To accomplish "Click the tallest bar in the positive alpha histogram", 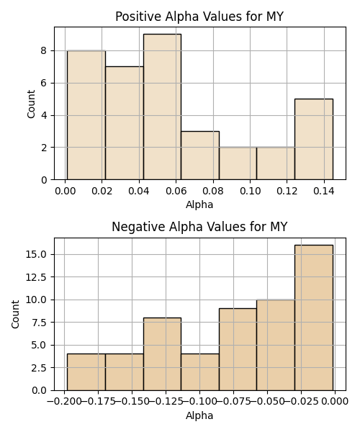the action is coord(162,107).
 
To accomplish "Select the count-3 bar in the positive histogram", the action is coord(200,156).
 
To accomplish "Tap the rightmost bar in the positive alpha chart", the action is coord(314,139).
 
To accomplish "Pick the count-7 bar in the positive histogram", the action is coord(125,123).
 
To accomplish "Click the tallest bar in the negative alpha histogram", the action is coord(314,318).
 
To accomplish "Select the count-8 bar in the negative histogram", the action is coord(162,354).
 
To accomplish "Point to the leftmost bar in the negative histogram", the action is coord(86,372).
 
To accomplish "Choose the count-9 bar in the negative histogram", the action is coord(238,349).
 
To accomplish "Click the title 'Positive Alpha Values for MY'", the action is coord(199,17).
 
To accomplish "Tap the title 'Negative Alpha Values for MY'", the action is coord(199,227).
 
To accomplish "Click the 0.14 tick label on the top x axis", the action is coord(324,191).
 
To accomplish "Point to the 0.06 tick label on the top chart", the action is coord(176,191).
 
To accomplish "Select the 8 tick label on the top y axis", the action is coord(44,50).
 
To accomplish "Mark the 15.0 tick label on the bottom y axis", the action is coord(36,254).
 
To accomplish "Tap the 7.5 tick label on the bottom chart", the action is coord(39,323).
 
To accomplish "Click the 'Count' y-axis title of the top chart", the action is coord(31,104).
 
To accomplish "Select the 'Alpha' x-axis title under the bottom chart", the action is coord(199,415).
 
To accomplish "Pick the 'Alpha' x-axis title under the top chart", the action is coord(199,204).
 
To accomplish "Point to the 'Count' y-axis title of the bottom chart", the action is coord(15,314).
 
